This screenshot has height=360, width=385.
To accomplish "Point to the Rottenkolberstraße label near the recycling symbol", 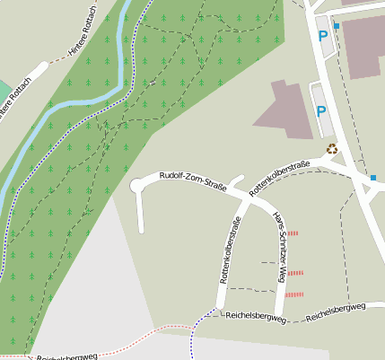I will (x=279, y=176).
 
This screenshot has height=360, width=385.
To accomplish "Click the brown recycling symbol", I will (x=331, y=149).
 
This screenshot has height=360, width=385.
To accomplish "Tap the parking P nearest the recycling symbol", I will (x=320, y=113).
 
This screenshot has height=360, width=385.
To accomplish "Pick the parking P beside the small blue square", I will (x=322, y=37).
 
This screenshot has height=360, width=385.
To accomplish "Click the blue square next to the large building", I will (x=337, y=27).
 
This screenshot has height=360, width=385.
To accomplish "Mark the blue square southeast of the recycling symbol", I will (x=373, y=178).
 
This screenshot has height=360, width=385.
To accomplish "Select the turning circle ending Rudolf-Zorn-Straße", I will (x=137, y=186).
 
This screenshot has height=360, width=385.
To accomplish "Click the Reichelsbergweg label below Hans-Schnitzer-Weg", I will (x=256, y=316).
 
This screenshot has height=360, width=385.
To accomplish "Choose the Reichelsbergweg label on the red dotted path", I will (x=66, y=356).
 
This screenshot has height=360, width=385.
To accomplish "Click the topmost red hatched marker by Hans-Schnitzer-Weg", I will (x=292, y=233).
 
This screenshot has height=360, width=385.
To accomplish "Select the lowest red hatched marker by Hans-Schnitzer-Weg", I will (x=294, y=294).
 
